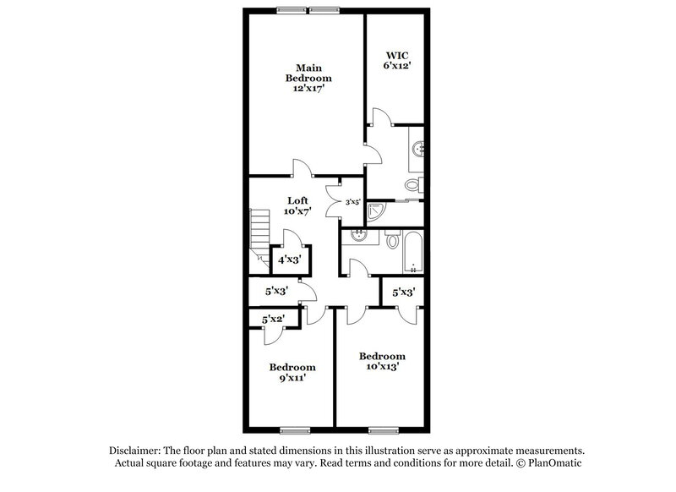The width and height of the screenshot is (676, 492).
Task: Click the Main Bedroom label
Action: coord(302,78)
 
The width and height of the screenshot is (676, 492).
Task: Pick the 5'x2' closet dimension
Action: coord(272,320)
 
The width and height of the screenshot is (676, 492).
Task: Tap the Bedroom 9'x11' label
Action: coord(292,373)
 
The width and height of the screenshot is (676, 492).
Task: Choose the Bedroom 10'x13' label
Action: coord(381,361)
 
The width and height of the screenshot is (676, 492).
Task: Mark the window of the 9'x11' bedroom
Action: coord(293,428)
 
